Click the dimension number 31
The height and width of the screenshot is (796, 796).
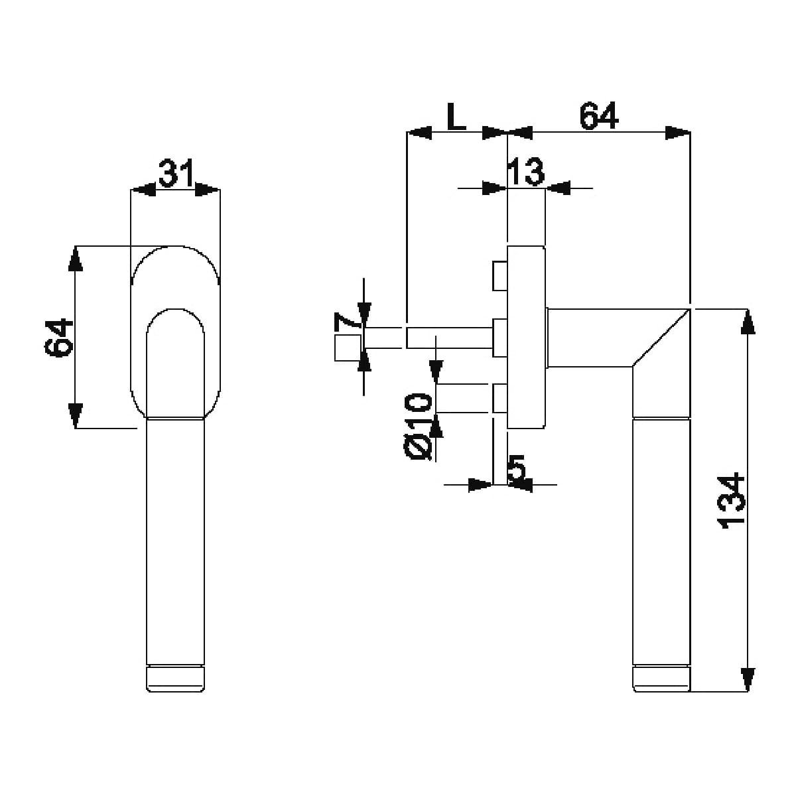coord(176,172)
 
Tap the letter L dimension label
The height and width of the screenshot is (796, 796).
coord(456,116)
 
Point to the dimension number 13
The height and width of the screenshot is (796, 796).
coord(525,171)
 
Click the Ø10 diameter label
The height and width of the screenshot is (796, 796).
coord(418,427)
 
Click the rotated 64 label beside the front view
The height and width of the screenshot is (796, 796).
coord(58,338)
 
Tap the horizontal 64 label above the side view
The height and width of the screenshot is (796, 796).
coord(598,116)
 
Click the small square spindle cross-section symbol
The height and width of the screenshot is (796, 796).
coord(348,348)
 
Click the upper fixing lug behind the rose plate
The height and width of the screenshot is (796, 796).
coord(500,275)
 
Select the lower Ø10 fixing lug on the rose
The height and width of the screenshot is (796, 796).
coord(500,398)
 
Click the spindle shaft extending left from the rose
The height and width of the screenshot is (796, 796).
coord(450,338)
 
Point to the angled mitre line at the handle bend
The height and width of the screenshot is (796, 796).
coord(661,338)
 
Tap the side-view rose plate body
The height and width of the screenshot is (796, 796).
coord(526,338)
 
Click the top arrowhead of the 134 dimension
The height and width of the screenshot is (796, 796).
coord(748,322)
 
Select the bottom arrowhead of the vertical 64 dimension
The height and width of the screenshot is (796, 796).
coord(75,416)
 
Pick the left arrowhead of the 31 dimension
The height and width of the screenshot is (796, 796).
coord(143,190)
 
